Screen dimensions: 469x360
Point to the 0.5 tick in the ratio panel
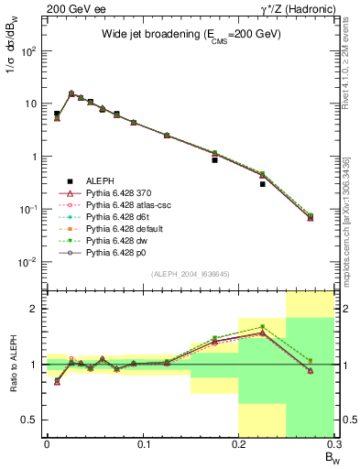coord(33,420)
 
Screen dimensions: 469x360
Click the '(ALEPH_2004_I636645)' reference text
coord(190,274)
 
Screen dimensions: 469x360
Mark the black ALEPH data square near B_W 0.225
coord(262,184)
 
